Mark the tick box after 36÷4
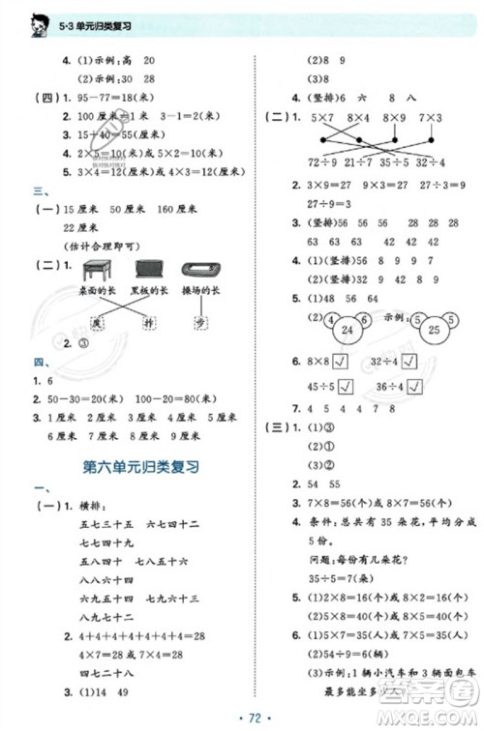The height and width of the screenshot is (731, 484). tap(415, 385)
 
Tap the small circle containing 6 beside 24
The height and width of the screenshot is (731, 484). tap(364, 319)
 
